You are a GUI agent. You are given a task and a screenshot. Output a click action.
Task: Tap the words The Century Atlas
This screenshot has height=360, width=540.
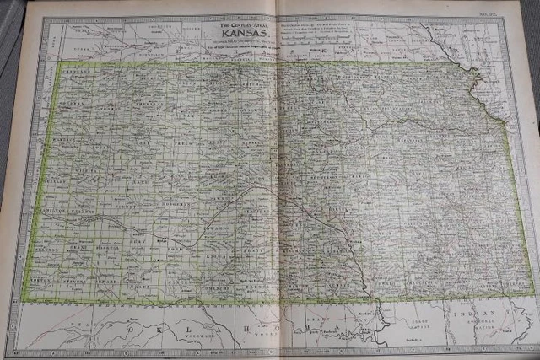[240, 29]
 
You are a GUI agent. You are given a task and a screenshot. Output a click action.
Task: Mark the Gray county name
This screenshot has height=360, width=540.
[144, 239]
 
